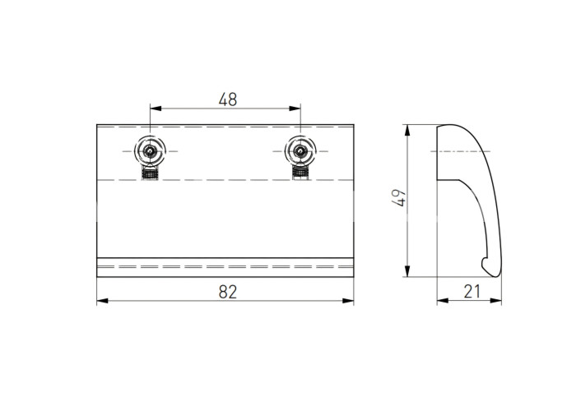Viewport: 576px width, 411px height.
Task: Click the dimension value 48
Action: tap(228, 99)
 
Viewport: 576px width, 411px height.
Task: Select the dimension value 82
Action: tap(228, 292)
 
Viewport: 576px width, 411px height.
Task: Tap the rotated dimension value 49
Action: tap(399, 197)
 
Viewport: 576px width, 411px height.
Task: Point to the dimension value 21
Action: tap(472, 292)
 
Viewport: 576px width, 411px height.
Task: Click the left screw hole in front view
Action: tap(150, 150)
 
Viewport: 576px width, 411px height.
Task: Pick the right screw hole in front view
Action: tap(300, 150)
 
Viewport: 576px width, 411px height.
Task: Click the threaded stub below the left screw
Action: tap(150, 173)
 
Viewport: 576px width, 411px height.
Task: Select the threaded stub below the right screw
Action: tap(300, 173)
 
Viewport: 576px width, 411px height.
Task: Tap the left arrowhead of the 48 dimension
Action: tap(156, 109)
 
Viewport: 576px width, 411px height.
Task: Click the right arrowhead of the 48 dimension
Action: tap(295, 109)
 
